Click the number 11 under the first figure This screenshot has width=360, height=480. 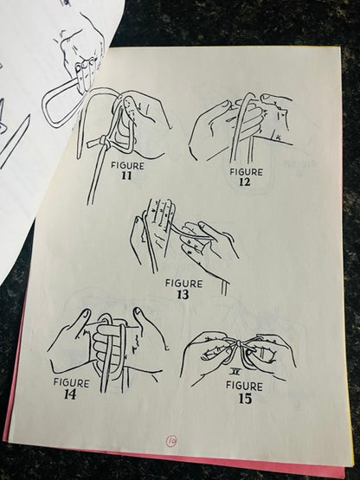[126, 176]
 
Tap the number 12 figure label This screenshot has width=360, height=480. [245, 182]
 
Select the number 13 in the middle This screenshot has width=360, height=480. [183, 295]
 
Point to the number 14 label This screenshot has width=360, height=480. [70, 394]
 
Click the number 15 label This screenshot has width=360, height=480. [245, 399]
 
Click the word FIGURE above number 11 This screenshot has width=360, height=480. [127, 166]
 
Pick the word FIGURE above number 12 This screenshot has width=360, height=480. [247, 172]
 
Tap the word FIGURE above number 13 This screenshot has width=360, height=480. [183, 284]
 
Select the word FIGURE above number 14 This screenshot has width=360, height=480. [71, 383]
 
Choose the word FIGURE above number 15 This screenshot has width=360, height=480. [244, 386]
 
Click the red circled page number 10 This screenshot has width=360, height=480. [171, 441]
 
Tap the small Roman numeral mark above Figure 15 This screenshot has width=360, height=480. [235, 372]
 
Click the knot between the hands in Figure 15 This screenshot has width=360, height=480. [238, 345]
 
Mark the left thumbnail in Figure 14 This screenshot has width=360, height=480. [85, 313]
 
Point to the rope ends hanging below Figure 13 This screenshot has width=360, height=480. [225, 288]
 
